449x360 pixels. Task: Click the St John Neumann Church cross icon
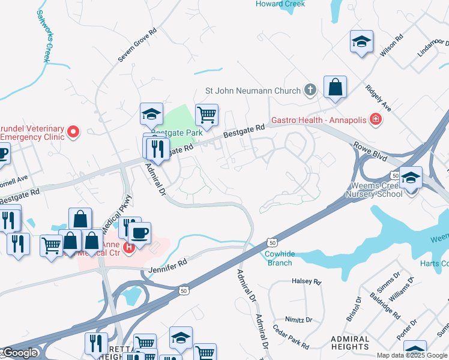tap(310, 91)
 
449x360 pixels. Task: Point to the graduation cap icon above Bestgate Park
tap(152, 113)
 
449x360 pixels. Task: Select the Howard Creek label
tap(280, 4)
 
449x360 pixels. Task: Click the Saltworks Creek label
tap(43, 36)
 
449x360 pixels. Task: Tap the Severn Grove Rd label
tap(137, 44)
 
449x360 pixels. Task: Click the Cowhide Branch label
tap(279, 258)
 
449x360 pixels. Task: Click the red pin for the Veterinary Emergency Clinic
tap(73, 131)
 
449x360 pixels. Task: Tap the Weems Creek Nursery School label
tap(375, 190)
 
